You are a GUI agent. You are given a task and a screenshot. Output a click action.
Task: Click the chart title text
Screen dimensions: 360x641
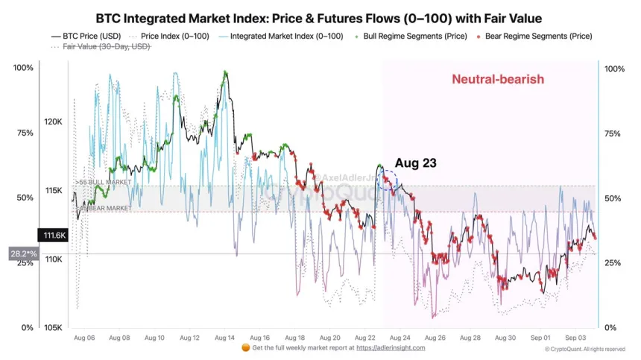[319, 17]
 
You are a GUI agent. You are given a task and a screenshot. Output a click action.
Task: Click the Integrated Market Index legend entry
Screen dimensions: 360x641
[281, 36]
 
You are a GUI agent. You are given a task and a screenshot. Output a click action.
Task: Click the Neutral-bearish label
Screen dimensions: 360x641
[498, 79]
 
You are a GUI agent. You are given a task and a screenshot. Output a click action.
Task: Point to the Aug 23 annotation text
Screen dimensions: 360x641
[415, 162]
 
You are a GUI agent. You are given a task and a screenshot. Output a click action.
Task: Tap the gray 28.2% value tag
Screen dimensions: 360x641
[23, 254]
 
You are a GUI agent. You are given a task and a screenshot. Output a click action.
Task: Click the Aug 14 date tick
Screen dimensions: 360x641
[225, 338]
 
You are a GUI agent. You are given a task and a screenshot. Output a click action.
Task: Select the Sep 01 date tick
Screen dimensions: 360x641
[542, 338]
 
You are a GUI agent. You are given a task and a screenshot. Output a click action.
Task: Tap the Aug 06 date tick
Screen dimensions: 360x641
[84, 338]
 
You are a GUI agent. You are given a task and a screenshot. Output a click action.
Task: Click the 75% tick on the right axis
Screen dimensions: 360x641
[613, 133]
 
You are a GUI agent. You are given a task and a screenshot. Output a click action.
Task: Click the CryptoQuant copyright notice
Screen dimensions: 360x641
[585, 349]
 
